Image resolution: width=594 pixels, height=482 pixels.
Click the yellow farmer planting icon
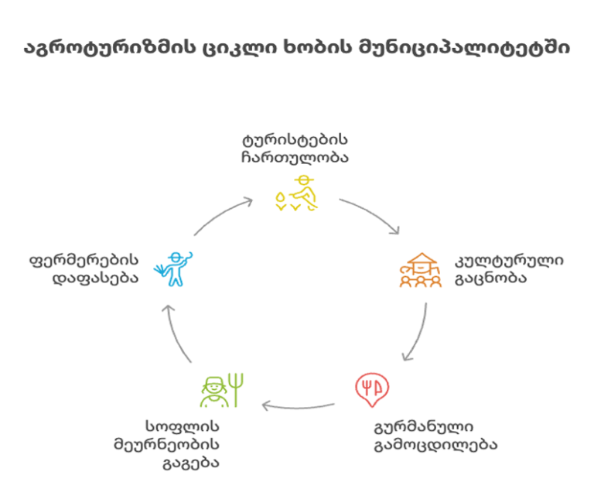296,194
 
